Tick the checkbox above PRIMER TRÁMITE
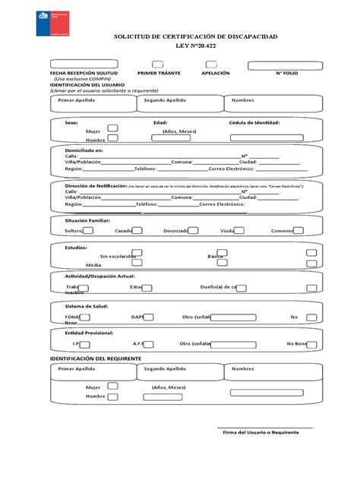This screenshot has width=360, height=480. click(x=157, y=65)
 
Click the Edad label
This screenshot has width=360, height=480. click(x=160, y=122)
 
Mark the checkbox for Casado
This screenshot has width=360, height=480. click(x=140, y=229)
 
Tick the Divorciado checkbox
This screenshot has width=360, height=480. click(x=194, y=229)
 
